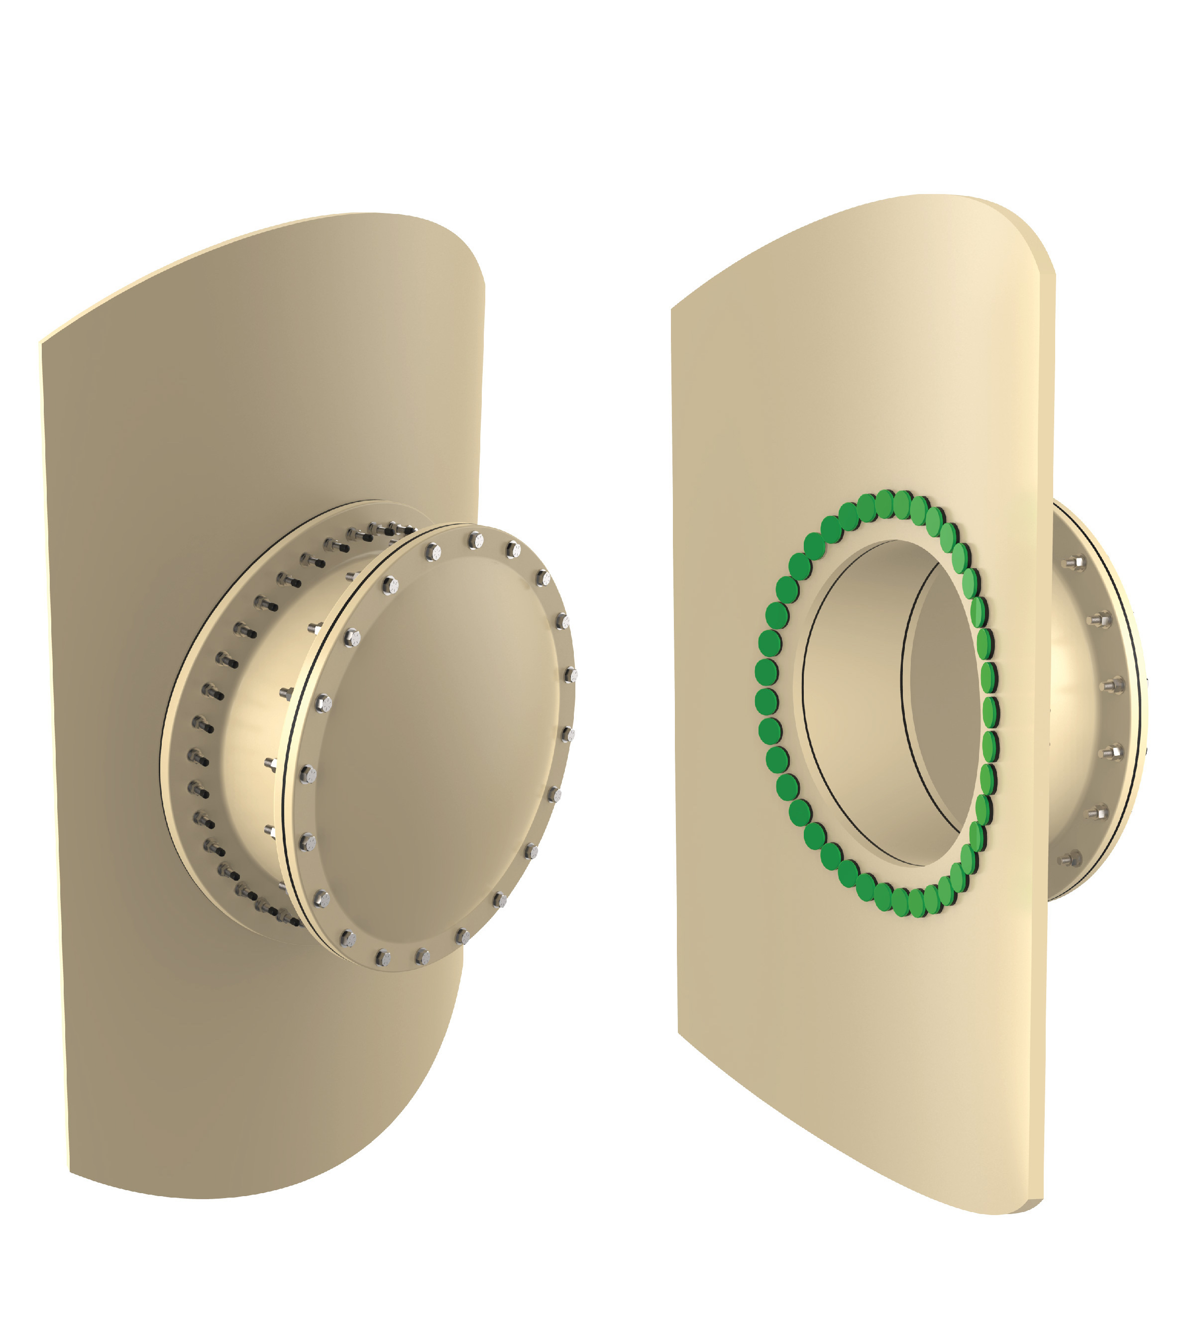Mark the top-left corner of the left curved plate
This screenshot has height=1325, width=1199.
coord(42,342)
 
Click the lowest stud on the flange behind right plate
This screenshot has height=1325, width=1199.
coord(1071,858)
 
